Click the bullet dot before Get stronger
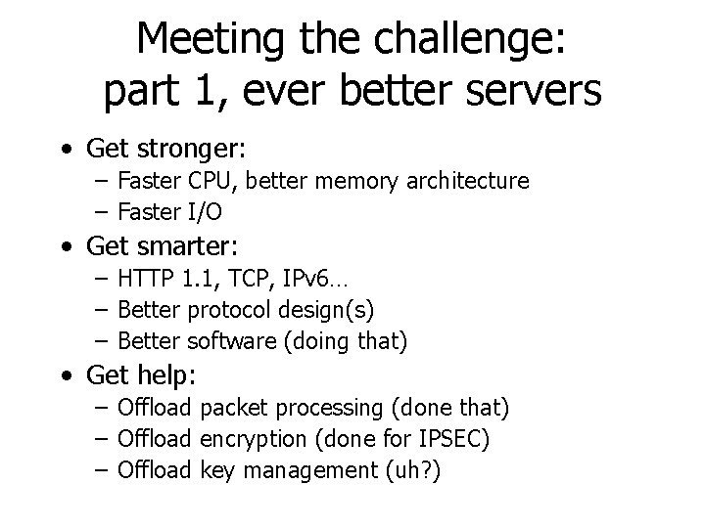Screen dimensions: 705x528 click(x=64, y=151)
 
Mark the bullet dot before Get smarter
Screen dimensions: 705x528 click(x=64, y=244)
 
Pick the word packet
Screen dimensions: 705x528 click(x=239, y=407)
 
